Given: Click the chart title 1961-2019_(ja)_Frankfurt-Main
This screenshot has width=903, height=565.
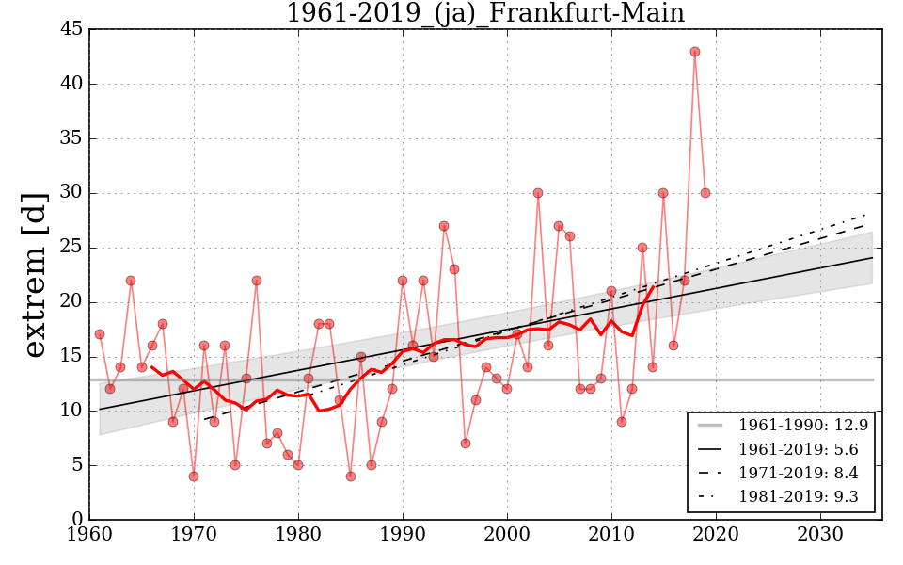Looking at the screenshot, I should pos(485,14).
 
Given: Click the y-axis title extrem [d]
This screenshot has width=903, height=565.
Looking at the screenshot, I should pos(35,275).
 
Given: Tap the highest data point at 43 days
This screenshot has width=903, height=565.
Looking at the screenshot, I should pos(695,52).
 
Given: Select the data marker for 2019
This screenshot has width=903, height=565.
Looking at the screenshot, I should pos(705,193).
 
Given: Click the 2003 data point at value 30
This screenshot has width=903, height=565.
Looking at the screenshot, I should pos(538,193).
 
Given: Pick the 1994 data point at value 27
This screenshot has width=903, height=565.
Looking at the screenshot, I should pos(444,226).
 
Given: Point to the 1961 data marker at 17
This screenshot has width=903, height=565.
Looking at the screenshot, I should pos(100,334).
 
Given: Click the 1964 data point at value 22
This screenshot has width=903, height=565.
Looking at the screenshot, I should pos(131,281).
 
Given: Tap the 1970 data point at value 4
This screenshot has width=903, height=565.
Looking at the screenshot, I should pos(194,476).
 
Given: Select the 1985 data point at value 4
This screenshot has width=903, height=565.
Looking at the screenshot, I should pos(351,476).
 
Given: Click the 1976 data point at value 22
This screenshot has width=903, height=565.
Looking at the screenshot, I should pos(257,281).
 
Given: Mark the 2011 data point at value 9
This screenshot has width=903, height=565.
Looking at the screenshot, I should pos(622,422).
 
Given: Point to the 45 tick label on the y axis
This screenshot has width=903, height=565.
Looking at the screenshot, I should pos(71,29).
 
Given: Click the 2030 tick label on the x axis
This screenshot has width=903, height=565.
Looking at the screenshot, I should pos(819,535).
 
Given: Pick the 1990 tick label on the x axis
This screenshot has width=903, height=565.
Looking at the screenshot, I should pos(403,535).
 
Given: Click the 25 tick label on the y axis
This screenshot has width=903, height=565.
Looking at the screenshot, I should pos(71,248).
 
